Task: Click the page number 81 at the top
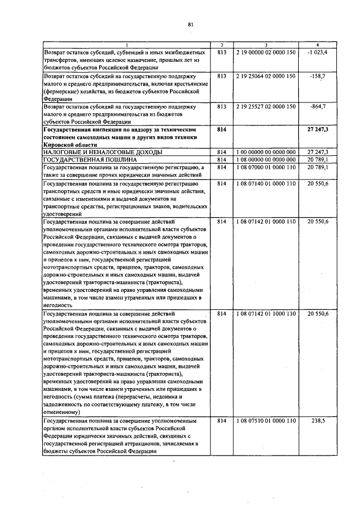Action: (x=191, y=24)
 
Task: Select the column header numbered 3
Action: (x=265, y=44)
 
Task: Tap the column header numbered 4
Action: (x=318, y=44)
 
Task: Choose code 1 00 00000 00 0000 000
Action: (x=265, y=152)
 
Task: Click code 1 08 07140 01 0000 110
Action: (x=265, y=183)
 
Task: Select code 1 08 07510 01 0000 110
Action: (x=265, y=421)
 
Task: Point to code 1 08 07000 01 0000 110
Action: (x=265, y=168)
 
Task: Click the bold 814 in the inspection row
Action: (x=221, y=129)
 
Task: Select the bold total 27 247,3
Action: (x=318, y=129)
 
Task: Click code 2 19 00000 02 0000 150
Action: (x=265, y=52)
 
